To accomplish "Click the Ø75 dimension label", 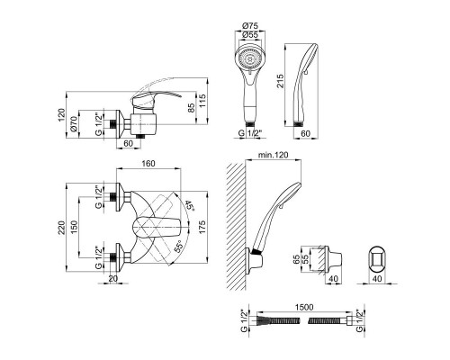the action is pyautogui.click(x=249, y=26).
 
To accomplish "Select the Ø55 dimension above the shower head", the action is pyautogui.click(x=249, y=35).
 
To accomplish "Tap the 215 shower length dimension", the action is pyautogui.click(x=280, y=81).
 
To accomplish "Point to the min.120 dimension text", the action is pyautogui.click(x=274, y=155).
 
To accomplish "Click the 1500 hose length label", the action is pyautogui.click(x=304, y=307).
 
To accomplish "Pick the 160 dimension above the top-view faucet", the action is pyautogui.click(x=148, y=164).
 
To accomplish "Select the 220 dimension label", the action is pyautogui.click(x=61, y=228).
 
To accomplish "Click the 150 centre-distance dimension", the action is pyautogui.click(x=74, y=227).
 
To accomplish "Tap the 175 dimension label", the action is pyautogui.click(x=202, y=228).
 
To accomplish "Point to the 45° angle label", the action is pyautogui.click(x=189, y=206).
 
